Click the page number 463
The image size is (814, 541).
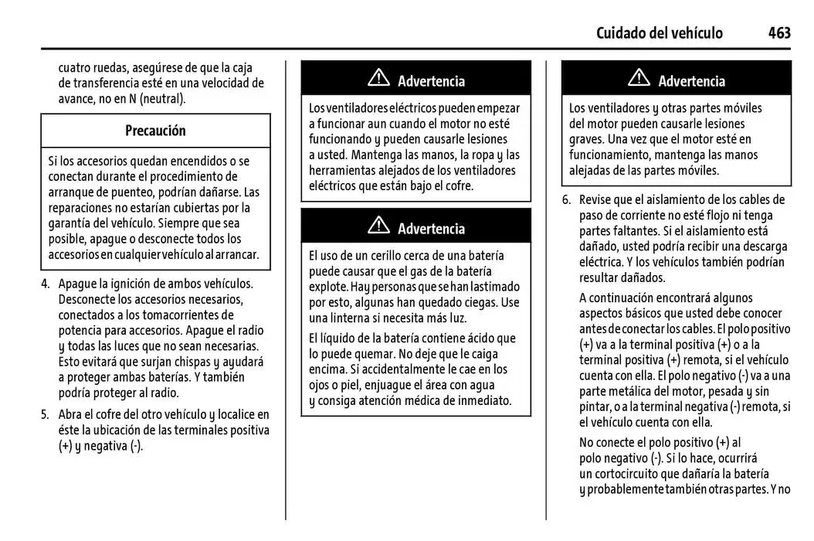point(778,32)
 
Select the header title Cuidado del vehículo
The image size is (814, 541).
point(660,32)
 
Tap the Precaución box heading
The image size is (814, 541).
point(155,131)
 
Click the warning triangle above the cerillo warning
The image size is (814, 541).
point(378,226)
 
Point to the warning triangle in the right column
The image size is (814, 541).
point(639,79)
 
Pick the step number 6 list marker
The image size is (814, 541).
point(565,199)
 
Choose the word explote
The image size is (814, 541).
point(328,287)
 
